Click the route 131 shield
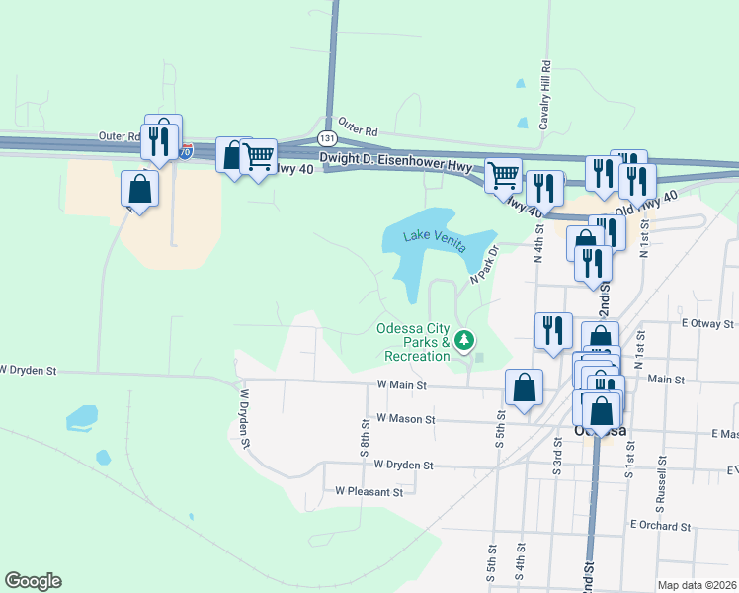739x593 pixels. [327, 139]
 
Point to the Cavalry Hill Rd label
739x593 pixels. [544, 95]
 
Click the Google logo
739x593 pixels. [33, 581]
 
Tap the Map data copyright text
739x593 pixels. [697, 585]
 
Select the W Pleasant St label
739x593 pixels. [369, 491]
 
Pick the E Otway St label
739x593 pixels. [707, 323]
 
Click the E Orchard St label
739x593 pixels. [659, 526]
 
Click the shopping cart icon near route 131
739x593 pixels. [258, 155]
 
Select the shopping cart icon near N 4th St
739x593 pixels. [504, 175]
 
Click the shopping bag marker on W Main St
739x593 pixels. [524, 386]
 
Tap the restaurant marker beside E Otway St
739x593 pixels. [553, 329]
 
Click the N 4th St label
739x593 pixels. [539, 243]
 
